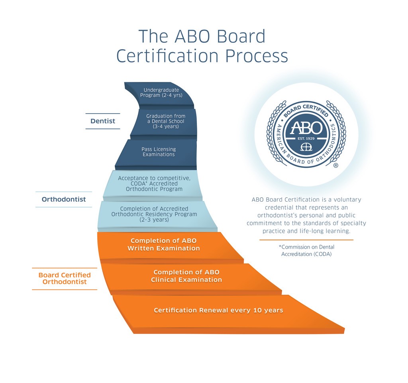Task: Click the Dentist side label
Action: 103,121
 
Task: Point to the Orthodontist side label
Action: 64,199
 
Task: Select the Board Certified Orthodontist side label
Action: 65,279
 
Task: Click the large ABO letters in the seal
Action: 306,128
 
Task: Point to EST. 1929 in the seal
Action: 306,138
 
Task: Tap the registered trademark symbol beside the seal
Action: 336,165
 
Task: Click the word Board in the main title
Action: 241,36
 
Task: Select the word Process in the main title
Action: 257,56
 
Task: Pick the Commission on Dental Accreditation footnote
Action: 306,250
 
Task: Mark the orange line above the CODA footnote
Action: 306,240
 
